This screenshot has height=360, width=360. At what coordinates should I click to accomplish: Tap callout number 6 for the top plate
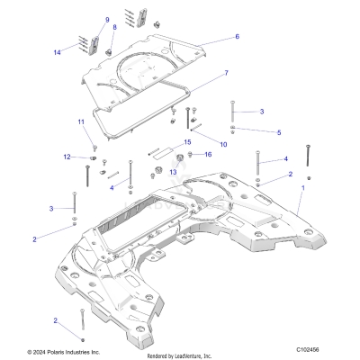237,37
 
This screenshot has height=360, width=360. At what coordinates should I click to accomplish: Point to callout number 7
226,72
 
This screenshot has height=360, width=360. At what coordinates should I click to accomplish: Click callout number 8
114,28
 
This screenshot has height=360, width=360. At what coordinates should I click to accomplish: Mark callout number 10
223,144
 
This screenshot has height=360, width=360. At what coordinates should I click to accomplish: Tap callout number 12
67,157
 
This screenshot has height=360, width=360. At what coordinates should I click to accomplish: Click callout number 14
58,52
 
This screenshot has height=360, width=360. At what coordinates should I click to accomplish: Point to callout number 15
187,142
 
